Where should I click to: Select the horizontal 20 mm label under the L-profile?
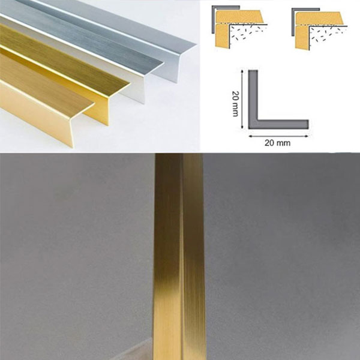(x=278, y=143)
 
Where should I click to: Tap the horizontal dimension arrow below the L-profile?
(x=278, y=136)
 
